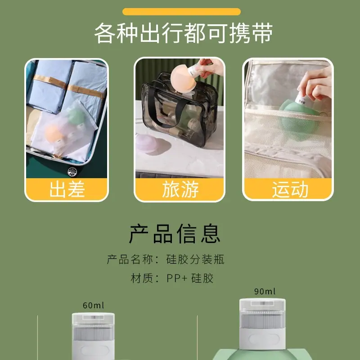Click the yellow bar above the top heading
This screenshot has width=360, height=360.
point(181,12)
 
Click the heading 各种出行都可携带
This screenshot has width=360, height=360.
point(184,33)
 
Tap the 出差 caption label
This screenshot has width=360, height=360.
point(67,189)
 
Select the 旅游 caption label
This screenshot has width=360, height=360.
point(180,189)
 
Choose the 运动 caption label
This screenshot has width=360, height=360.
point(290,189)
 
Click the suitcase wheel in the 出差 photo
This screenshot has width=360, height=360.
point(72,171)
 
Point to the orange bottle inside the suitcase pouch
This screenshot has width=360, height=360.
point(54,134)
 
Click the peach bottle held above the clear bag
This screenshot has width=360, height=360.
point(184,79)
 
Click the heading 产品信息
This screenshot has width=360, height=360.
point(175,234)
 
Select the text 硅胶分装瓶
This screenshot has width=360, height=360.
point(195,260)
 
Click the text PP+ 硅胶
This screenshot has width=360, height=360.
point(190,278)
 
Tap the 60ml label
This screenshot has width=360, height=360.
point(93,306)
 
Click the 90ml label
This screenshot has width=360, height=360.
point(265,291)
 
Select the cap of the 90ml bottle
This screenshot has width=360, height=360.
point(262,313)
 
